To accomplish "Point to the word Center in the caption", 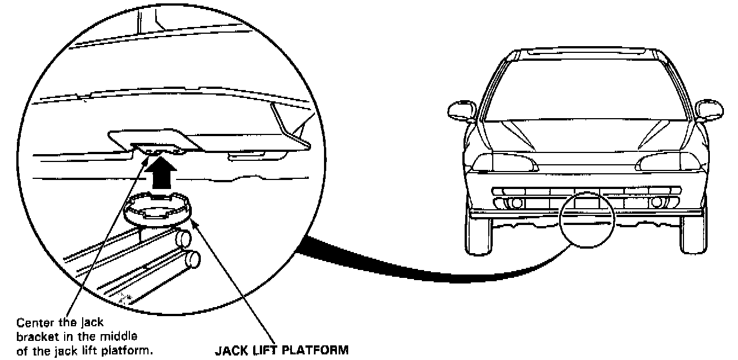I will point(33,323).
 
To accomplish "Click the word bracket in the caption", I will point(35,336).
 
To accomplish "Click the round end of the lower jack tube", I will point(194,260).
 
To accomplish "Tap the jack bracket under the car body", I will point(157,148).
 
